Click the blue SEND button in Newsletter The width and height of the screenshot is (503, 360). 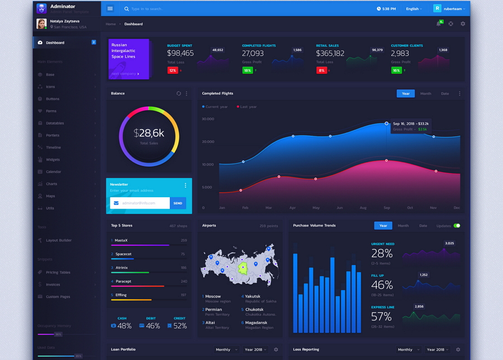178,203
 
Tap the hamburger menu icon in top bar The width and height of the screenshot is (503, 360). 110,9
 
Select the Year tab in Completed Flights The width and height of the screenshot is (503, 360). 406,93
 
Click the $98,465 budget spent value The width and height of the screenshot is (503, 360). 181,53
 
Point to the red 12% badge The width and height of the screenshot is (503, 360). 173,70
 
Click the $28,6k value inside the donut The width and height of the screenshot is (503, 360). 149,133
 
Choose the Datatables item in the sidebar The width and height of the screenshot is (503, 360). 55,123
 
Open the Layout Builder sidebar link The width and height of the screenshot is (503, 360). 59,240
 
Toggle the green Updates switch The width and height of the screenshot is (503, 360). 457,226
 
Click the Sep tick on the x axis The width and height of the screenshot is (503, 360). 387,208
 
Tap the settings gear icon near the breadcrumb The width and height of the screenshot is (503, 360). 463,24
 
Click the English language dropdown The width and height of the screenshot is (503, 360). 414,9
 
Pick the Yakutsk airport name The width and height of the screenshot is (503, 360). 253,296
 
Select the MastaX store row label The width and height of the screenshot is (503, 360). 121,240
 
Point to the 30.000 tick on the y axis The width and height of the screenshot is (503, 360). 208,119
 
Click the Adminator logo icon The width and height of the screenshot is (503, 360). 41,8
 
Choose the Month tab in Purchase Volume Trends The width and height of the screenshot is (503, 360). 403,226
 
